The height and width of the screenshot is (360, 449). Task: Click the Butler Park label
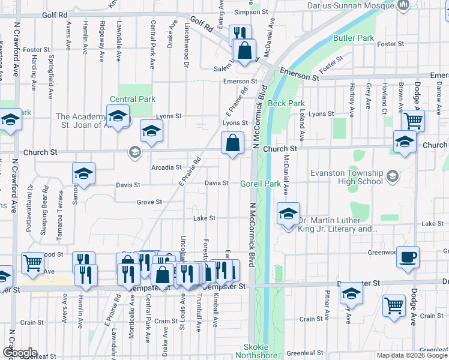coord(354,38)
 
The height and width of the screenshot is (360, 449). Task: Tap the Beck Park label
coord(286,103)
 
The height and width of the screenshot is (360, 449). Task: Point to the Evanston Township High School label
coord(346,177)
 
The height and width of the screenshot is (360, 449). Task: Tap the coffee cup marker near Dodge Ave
coord(408,257)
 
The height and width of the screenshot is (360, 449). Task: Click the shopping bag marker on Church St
coord(232,144)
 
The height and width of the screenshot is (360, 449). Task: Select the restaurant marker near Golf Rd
coord(239,33)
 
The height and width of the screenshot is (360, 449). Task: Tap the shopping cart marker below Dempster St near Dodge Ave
coord(394,306)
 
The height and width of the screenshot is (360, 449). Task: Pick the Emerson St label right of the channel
coord(299,77)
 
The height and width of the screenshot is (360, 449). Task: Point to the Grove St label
coord(149,202)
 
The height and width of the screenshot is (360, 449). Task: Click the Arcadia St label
coord(167,167)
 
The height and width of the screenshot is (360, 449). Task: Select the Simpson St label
coord(250,12)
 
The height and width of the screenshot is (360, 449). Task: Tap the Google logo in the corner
coord(20,353)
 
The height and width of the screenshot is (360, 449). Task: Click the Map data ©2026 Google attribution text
coord(411,355)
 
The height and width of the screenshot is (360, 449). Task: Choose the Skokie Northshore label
coord(261,352)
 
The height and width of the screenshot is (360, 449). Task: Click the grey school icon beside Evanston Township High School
coord(393,176)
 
